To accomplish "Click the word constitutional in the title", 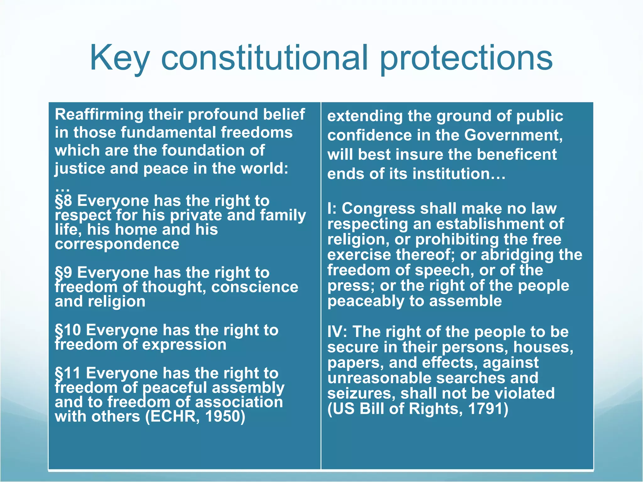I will point(264,58).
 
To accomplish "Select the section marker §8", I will point(64,201).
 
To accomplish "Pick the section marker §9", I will point(64,273).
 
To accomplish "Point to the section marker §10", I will point(68,330).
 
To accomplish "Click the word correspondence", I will point(117,244).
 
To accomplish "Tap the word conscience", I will point(255,287).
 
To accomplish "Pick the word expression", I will point(184,345).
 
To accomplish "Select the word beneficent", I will point(518,155).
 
